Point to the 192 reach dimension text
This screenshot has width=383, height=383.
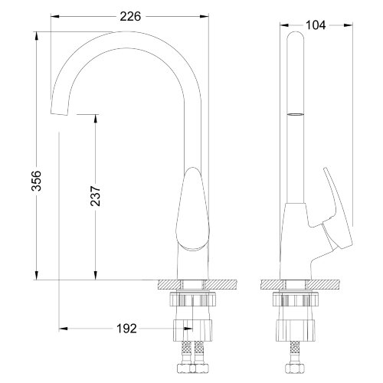(126, 329)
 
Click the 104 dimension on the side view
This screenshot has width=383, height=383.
(315, 25)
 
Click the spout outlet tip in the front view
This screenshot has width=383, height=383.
(58, 113)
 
